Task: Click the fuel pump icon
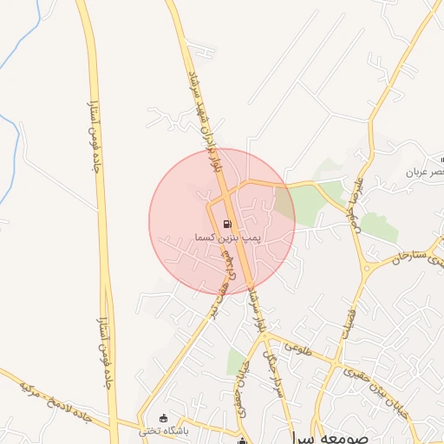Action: click(x=227, y=223)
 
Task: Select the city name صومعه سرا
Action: click(x=322, y=435)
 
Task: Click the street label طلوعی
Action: click(x=298, y=351)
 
